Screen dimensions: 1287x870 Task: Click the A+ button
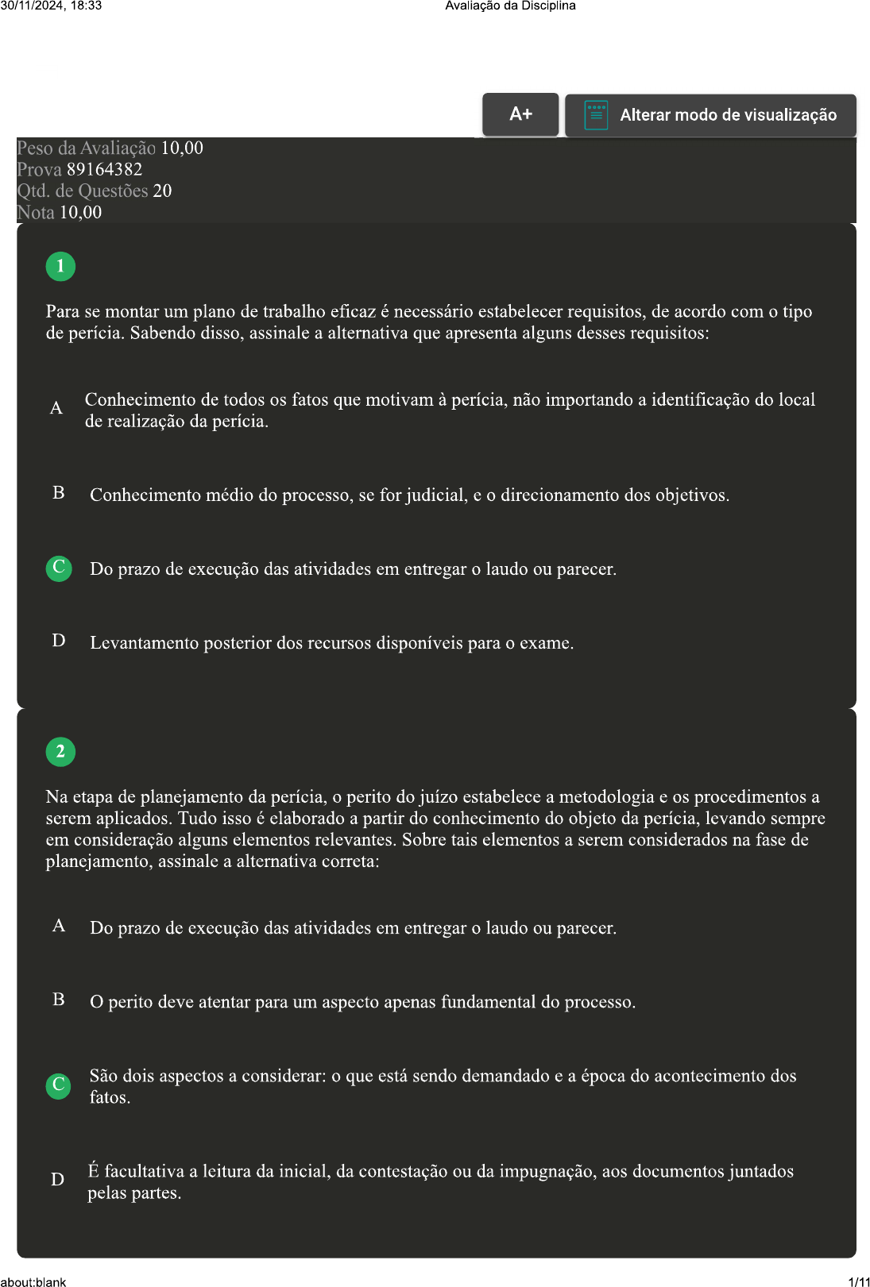click(x=520, y=114)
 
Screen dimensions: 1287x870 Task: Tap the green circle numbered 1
click(x=60, y=267)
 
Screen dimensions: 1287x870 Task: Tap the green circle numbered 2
click(x=60, y=752)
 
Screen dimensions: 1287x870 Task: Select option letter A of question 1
click(x=56, y=408)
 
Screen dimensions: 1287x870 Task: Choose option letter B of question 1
click(x=59, y=493)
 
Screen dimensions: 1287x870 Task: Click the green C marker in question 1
click(x=59, y=568)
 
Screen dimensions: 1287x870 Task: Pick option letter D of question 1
click(x=59, y=641)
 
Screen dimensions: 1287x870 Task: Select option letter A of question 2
click(x=59, y=926)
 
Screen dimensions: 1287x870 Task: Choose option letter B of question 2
click(x=59, y=1000)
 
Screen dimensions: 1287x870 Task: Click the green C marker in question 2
click(x=59, y=1085)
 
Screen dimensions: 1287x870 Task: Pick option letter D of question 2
click(x=58, y=1180)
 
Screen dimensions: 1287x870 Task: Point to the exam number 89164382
click(x=104, y=170)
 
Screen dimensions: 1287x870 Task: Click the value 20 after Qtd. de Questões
click(x=162, y=191)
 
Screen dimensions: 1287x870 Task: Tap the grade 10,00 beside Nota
click(x=80, y=213)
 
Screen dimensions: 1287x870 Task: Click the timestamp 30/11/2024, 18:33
click(x=51, y=6)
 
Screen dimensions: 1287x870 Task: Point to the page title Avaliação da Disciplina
click(x=510, y=6)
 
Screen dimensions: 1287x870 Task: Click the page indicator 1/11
click(x=859, y=1281)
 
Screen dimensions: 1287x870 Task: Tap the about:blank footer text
click(x=33, y=1281)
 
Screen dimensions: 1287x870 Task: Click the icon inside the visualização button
click(x=596, y=115)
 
